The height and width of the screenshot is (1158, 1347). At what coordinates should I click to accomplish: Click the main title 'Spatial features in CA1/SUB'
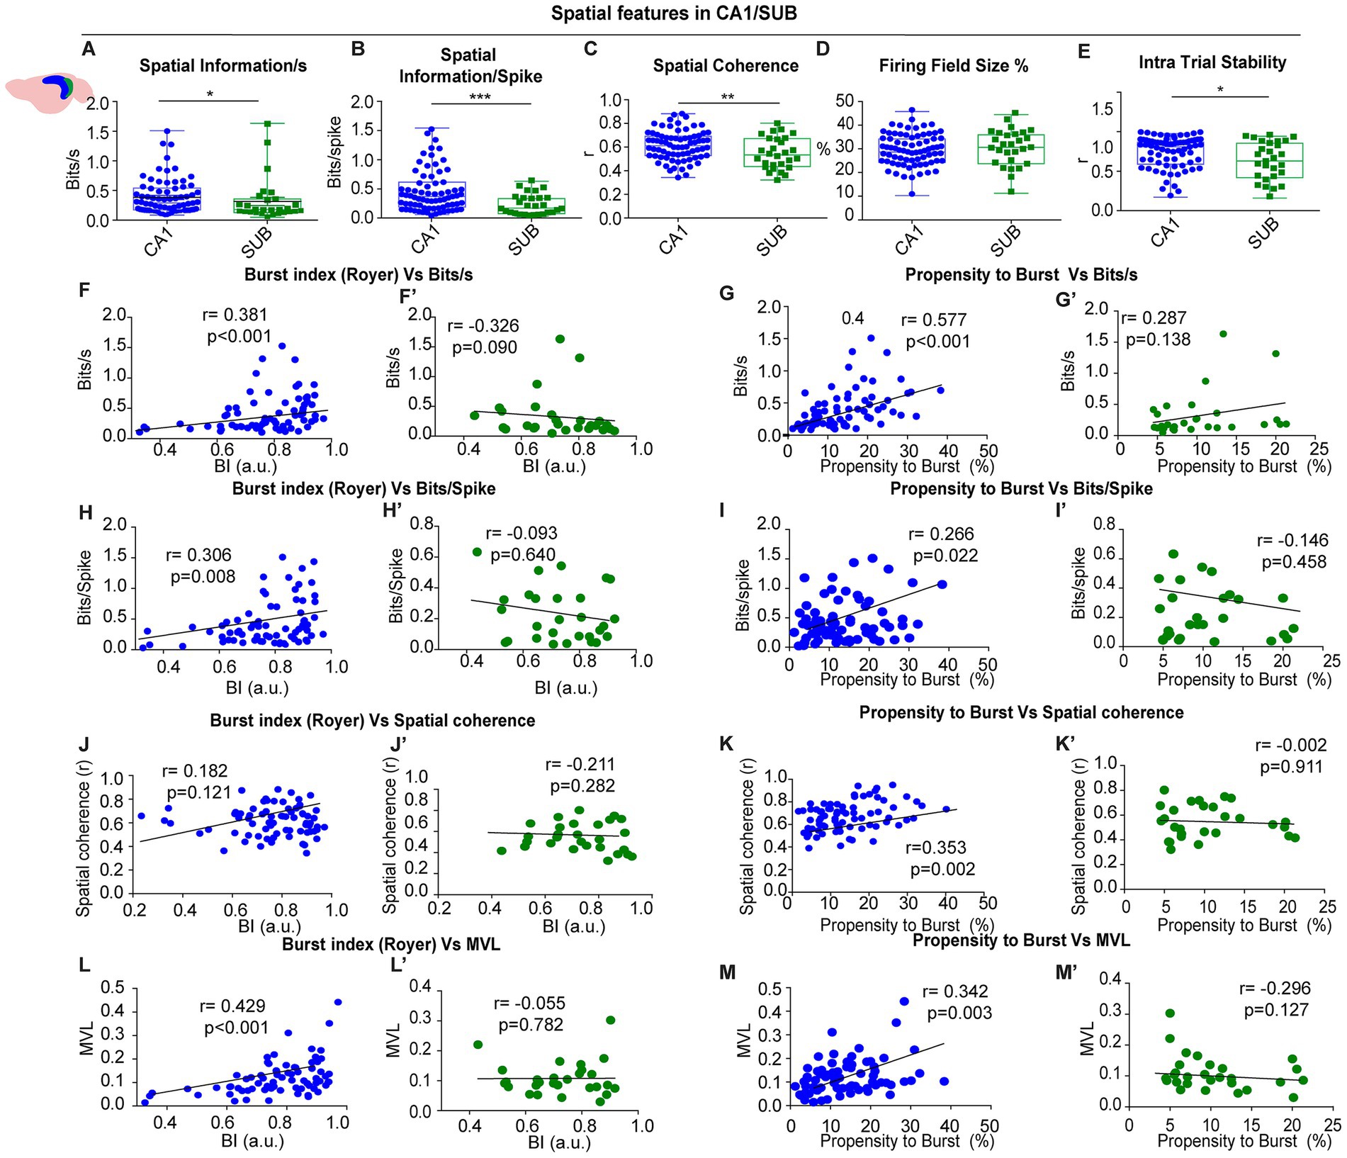tap(674, 13)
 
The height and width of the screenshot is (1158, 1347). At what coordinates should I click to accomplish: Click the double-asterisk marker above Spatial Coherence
tap(728, 97)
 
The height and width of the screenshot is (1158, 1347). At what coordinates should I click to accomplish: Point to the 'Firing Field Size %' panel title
tap(953, 66)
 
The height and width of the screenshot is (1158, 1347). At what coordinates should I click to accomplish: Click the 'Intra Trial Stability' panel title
tap(1212, 62)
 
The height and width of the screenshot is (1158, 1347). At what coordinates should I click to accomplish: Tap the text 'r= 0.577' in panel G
tap(933, 320)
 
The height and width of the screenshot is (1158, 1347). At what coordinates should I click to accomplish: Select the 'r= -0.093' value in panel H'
tap(522, 533)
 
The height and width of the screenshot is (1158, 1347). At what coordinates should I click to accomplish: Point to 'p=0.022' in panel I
tap(945, 556)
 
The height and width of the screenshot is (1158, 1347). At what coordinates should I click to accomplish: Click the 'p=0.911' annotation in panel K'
tap(1290, 767)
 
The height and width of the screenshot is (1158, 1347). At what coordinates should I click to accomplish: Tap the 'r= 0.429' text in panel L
tap(232, 1006)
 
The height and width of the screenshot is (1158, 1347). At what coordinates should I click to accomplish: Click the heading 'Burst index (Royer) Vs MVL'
tap(391, 944)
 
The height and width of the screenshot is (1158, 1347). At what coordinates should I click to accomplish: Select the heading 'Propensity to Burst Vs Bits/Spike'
tap(1021, 489)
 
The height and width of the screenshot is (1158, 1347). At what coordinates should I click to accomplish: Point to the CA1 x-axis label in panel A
tap(158, 240)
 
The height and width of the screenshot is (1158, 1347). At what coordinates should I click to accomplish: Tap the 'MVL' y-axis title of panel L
tap(87, 1038)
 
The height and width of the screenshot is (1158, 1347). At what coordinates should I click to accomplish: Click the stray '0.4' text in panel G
tap(852, 318)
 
